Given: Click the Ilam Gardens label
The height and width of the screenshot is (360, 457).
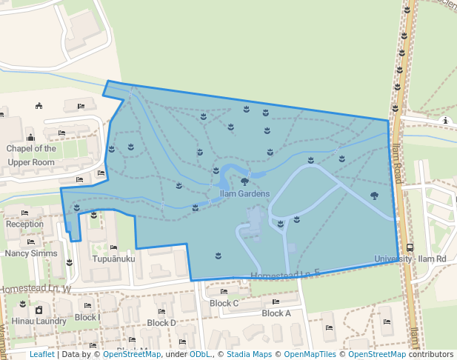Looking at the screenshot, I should (244, 193).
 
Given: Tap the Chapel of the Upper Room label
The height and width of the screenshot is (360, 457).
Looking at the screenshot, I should (31, 155).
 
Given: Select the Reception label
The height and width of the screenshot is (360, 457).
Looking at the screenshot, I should (25, 224).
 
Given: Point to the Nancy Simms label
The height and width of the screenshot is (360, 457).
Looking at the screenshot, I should (30, 253).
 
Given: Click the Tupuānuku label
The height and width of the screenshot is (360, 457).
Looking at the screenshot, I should (113, 259).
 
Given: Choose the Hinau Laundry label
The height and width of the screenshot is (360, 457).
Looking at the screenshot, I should (35, 321).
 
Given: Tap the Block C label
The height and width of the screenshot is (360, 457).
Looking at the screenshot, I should (224, 303).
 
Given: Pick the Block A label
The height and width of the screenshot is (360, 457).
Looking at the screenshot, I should (276, 313).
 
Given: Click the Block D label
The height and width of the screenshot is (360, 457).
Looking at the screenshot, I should (161, 323).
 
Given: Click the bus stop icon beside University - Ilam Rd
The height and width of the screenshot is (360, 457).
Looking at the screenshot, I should (410, 248).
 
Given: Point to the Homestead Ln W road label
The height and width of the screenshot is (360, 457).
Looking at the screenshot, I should (36, 288).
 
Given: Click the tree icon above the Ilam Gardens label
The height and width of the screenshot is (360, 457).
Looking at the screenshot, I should (244, 181).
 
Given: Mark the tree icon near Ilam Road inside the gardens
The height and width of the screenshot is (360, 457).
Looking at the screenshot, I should (374, 196).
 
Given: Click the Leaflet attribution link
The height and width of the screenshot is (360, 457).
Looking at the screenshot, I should (41, 355).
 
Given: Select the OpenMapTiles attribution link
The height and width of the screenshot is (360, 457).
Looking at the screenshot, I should (308, 355).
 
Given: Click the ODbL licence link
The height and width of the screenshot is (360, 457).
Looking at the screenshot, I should (200, 355).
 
